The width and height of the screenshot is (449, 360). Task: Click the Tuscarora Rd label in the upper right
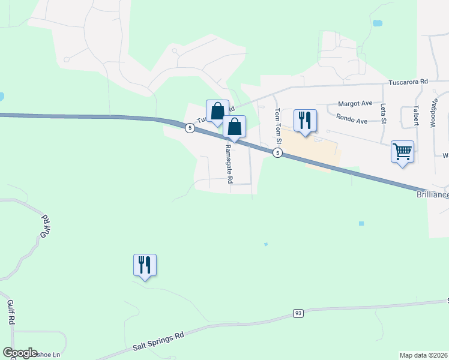coord(408,81)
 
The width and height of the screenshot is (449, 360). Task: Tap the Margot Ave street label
coord(355,104)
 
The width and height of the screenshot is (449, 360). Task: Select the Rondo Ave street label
coord(352,120)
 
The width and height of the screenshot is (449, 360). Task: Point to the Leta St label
coord(383,111)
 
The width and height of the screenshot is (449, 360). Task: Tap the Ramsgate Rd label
coord(228,163)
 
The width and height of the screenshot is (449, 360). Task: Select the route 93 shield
coord(298,313)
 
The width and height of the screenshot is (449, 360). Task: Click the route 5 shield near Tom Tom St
coord(277,153)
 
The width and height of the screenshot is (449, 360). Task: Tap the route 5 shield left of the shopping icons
coord(189,128)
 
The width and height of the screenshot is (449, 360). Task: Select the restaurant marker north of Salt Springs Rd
coord(145,265)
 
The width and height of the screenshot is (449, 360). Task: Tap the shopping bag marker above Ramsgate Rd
coord(235,127)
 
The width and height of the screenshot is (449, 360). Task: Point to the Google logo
coord(20,353)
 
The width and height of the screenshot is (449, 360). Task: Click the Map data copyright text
coord(423,355)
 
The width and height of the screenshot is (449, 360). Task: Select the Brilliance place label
coord(433,195)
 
